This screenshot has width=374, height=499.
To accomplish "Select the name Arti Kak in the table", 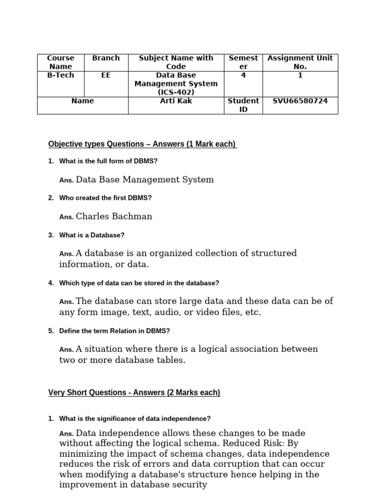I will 176,101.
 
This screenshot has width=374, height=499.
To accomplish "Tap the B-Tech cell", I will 60,75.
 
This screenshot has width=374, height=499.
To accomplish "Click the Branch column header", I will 106,58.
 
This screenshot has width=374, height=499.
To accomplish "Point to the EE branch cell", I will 106,76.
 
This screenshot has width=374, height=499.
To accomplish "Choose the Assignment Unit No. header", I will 300,62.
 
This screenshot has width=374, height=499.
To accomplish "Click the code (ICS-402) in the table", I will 176,92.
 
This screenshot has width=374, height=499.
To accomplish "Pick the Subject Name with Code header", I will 176,62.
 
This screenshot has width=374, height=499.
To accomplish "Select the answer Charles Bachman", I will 114,216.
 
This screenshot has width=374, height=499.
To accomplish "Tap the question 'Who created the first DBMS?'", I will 105,198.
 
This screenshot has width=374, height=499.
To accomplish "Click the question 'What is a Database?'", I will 92,235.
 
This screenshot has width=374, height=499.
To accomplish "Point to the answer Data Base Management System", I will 145,180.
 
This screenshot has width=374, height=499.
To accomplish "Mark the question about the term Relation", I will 114,331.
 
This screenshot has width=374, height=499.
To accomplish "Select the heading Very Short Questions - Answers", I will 134,393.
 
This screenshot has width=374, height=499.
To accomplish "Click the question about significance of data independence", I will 135,419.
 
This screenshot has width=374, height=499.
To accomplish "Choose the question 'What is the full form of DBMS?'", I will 109,161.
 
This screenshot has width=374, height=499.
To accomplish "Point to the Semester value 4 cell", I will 243,76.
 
